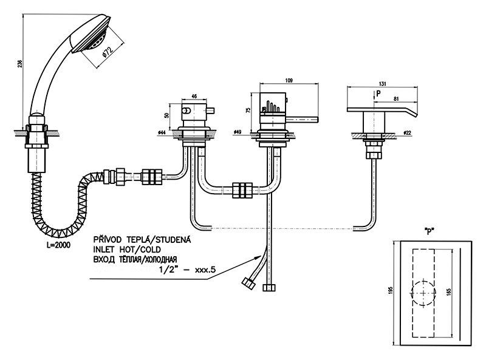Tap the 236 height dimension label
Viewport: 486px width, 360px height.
pos(21,65)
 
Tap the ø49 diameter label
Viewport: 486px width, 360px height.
pos(238,131)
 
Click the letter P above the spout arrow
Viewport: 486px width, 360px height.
pos(378,93)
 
